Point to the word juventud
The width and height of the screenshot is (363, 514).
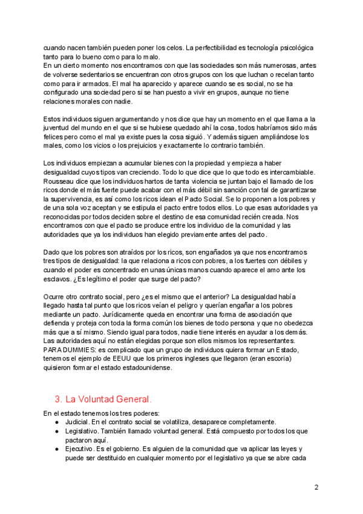[x=59, y=128]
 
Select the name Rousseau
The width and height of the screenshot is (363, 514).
[x=61, y=181]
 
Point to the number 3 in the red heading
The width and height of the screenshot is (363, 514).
[x=57, y=399]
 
